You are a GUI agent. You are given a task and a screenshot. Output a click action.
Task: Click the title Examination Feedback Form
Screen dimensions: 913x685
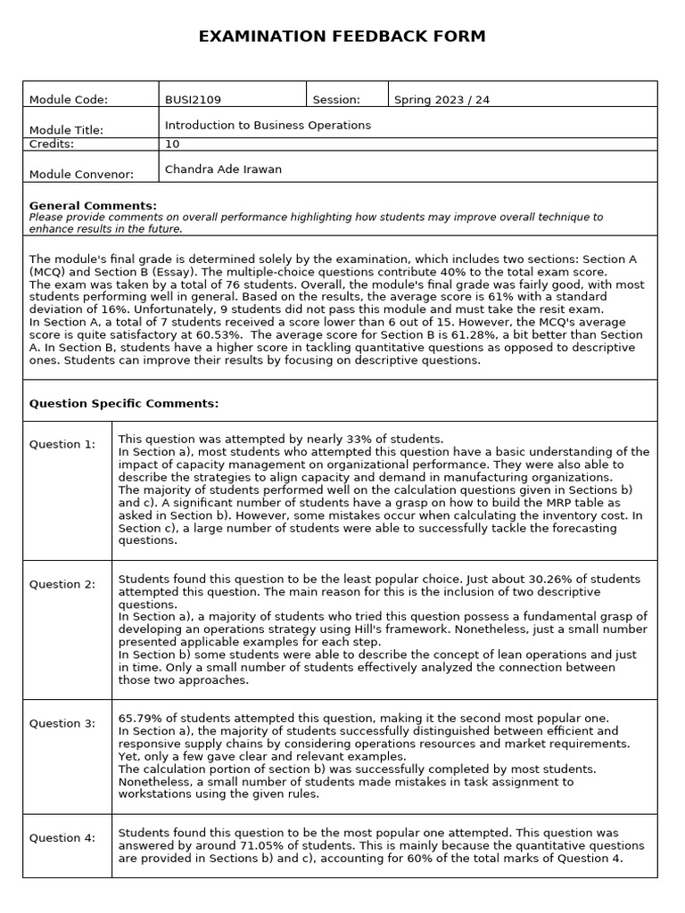coord(342,37)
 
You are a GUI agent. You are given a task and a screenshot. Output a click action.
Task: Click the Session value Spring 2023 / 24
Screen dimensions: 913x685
coord(442,100)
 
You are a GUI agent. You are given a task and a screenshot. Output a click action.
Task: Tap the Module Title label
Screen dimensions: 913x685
coord(66,130)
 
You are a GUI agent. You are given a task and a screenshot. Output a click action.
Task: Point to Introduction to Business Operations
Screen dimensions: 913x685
coord(268,126)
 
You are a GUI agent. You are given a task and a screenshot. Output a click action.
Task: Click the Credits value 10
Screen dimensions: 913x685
coord(172,144)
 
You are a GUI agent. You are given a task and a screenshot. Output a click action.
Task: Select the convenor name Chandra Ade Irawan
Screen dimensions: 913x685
coord(223,169)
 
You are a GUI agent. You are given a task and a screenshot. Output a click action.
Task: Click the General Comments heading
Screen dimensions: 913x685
coord(93,206)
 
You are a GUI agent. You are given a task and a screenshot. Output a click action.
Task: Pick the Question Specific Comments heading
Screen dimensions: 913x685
coord(124,404)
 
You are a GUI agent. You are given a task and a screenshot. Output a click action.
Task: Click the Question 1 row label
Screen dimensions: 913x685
coord(62,445)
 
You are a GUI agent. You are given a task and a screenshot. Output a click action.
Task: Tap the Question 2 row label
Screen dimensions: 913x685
coord(62,585)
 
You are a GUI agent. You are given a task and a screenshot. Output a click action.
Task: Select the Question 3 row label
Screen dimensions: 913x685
coord(62,724)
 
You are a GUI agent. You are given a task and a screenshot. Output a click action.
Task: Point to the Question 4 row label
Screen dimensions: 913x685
coord(62,838)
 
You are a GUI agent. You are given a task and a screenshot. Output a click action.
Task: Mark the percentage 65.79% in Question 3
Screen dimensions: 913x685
coord(139,719)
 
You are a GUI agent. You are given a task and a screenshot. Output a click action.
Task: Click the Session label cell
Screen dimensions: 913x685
coord(337,100)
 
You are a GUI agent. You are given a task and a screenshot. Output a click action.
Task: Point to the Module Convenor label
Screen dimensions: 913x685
coord(81,175)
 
